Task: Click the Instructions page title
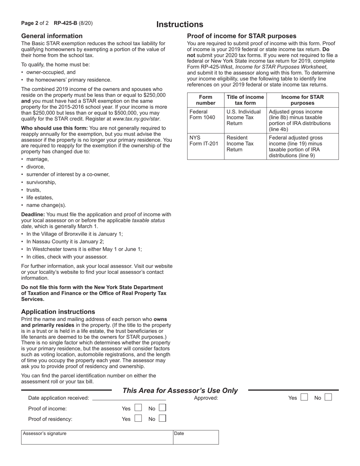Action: pyautogui.click(x=180, y=25)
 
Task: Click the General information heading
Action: pyautogui.click(x=52, y=36)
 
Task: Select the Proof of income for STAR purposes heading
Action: pyautogui.click(x=242, y=36)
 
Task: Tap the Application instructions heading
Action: pyautogui.click(x=58, y=312)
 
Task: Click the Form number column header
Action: pyautogui.click(x=206, y=100)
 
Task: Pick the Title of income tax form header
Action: pyautogui.click(x=245, y=100)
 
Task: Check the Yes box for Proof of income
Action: pyautogui.click(x=138, y=408)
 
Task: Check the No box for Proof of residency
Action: pyautogui.click(x=162, y=419)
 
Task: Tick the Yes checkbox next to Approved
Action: pyautogui.click(x=304, y=397)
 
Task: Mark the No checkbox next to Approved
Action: pyautogui.click(x=328, y=397)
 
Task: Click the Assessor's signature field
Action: pyautogui.click(x=97, y=437)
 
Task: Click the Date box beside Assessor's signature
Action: pyautogui.click(x=196, y=437)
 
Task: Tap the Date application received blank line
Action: pyautogui.click(x=129, y=398)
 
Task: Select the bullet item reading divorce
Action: pyautogui.click(x=36, y=167)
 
